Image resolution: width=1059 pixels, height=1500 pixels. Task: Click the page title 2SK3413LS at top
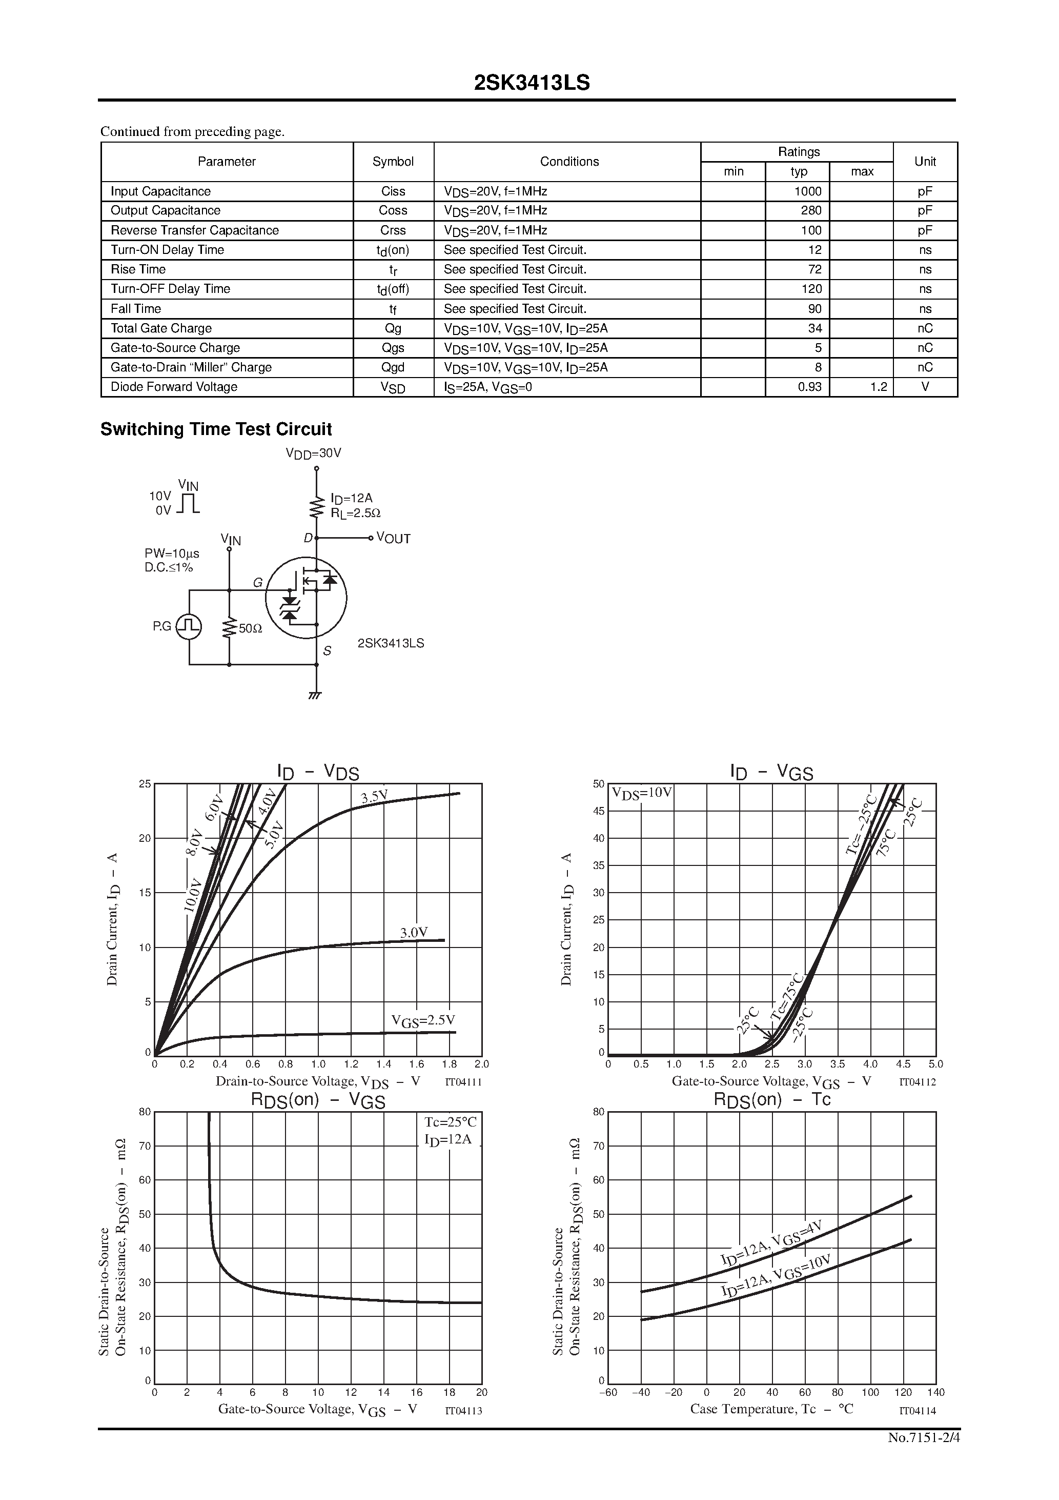[532, 83]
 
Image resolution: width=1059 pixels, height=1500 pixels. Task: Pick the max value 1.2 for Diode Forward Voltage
[878, 387]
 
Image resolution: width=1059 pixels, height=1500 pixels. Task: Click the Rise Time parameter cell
[138, 269]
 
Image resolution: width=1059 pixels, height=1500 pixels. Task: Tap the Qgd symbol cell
[393, 367]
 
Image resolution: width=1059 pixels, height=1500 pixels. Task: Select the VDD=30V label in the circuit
[313, 453]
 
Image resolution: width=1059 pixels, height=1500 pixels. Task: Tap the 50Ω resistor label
[250, 628]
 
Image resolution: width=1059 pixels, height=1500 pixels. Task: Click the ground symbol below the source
[315, 695]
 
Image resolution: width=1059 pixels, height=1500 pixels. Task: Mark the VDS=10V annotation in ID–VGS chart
[641, 793]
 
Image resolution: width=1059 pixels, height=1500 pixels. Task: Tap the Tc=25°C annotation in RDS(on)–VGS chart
[451, 1122]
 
